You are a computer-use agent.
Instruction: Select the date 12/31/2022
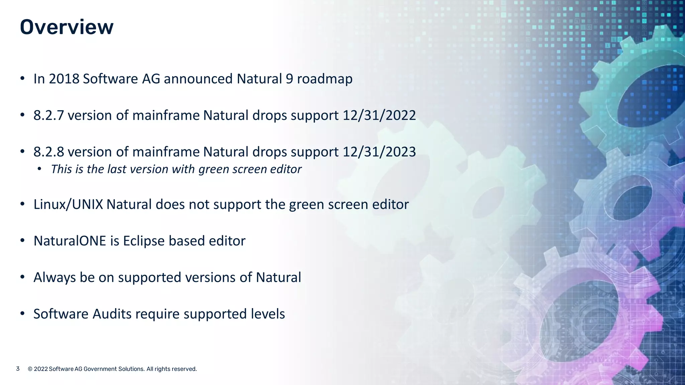click(379, 115)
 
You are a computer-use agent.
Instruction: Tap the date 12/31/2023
click(379, 152)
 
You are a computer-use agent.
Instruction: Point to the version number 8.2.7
click(48, 115)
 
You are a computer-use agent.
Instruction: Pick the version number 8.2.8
click(48, 152)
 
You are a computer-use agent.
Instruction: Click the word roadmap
click(324, 79)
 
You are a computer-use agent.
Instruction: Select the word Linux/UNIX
click(68, 205)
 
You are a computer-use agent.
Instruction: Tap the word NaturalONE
click(70, 241)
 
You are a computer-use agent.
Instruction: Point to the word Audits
click(112, 314)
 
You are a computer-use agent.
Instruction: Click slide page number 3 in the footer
click(18, 369)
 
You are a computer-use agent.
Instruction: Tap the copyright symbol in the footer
click(30, 369)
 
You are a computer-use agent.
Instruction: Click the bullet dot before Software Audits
click(22, 313)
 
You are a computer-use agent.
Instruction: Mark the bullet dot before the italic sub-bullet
click(39, 169)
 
